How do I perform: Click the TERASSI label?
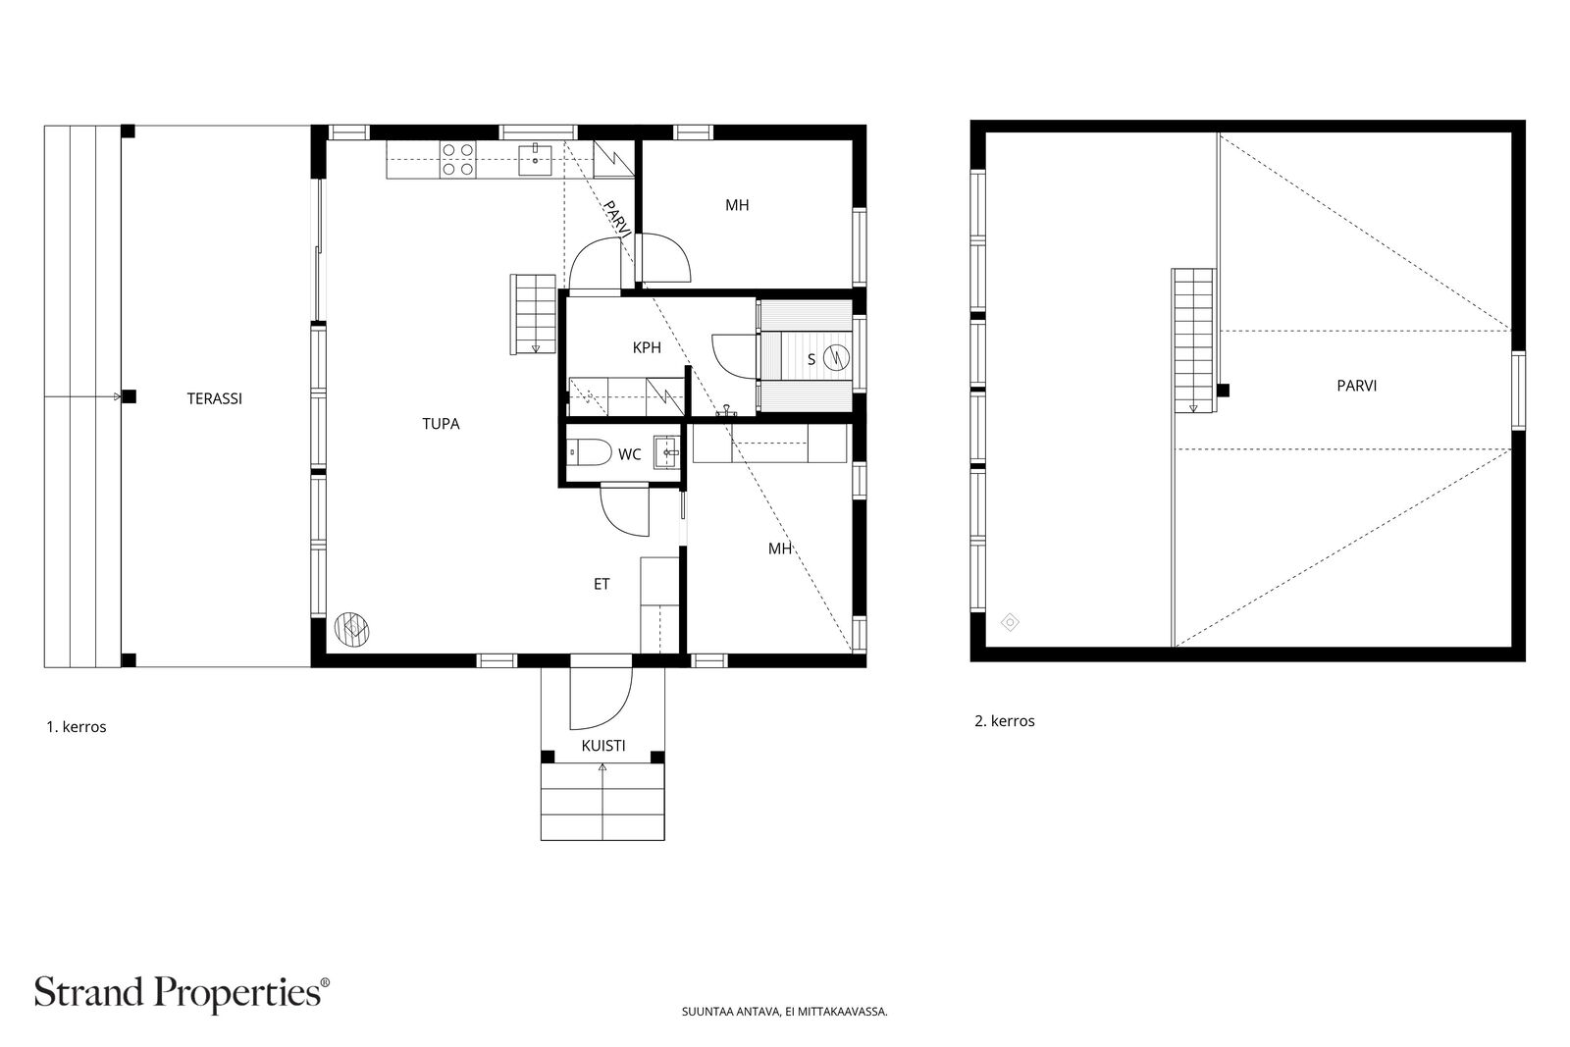point(215,398)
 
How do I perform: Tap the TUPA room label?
point(441,424)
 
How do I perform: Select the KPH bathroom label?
point(647,347)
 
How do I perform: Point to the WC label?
point(629,455)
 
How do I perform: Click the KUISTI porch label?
point(603,746)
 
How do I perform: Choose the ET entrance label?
point(602,584)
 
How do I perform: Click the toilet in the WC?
point(590,452)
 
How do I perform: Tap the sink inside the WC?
point(666,452)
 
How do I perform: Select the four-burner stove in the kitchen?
point(457,159)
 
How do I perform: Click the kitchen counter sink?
point(536,160)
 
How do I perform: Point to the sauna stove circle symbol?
point(836,358)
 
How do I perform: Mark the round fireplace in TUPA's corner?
point(352,629)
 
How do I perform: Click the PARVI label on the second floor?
point(1357,386)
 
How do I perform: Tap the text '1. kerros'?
point(77,727)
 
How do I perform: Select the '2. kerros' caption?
point(1005,721)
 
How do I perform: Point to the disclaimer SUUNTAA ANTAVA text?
point(784,1012)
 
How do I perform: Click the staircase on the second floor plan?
point(1193,340)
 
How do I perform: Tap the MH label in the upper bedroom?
point(737,205)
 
